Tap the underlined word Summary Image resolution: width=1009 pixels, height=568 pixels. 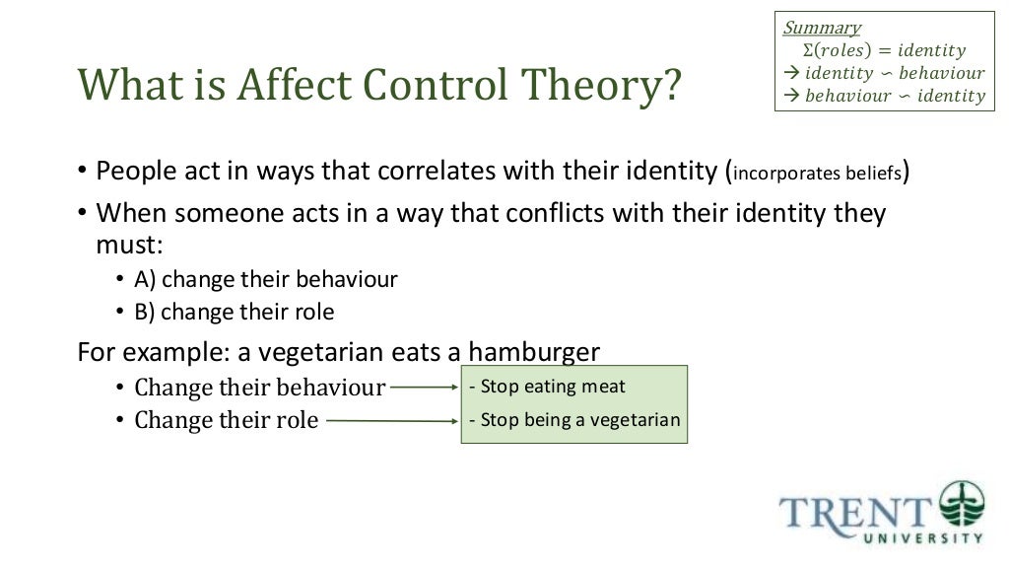(x=822, y=28)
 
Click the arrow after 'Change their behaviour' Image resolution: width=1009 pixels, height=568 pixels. (x=425, y=388)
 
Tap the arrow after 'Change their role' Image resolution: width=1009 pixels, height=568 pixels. (x=391, y=421)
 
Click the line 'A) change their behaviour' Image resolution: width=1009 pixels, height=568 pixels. (x=266, y=279)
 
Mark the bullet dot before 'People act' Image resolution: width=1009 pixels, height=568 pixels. (x=83, y=173)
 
